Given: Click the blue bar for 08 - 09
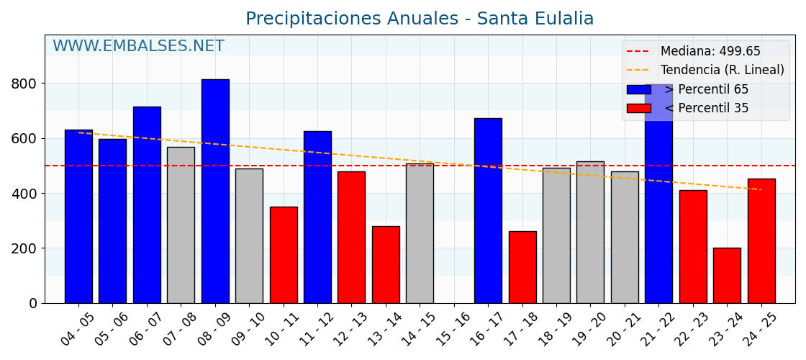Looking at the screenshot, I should point(215,191).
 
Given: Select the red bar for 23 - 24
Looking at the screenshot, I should point(727,275).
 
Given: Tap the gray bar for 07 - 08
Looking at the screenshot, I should point(181,225).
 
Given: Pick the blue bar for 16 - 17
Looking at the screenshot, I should point(488,210).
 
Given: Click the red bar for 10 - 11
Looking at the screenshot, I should point(284,255).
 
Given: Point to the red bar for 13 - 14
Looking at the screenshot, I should point(386,264).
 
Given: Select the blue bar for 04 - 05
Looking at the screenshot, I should point(78,216).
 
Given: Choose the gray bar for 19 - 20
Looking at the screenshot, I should point(590,232).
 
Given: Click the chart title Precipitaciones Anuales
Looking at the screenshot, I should point(420,19).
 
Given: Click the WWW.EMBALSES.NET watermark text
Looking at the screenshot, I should point(138,47).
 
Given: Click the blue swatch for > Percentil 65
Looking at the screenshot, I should point(638,89).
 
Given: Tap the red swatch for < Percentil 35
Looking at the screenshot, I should point(638,108).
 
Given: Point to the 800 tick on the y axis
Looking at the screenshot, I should point(24,84).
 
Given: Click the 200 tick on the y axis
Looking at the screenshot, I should point(24,248).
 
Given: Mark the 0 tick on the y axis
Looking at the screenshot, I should point(33,303).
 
